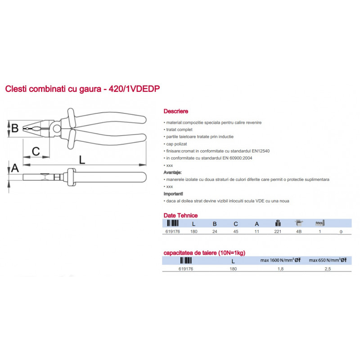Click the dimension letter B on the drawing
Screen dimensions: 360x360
pos(15,128)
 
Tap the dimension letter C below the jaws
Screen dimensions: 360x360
pos(36,151)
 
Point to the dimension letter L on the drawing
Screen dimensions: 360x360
pos(82,160)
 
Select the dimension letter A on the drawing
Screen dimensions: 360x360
pos(15,168)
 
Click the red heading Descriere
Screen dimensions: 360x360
pos(176,111)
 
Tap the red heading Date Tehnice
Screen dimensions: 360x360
pos(180,216)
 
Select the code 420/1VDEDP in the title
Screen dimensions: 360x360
pos(134,89)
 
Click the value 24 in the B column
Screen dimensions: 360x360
pos(215,231)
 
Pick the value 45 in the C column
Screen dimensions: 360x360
pos(236,231)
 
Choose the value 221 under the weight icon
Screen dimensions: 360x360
pos(278,231)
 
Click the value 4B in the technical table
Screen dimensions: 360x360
pos(299,231)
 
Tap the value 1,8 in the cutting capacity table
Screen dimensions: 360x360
pos(280,269)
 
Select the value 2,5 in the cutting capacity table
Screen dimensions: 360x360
pos(328,269)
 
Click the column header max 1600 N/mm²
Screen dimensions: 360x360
pos(280,260)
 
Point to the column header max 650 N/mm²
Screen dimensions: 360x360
pos(328,260)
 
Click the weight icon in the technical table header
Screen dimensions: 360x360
pos(278,223)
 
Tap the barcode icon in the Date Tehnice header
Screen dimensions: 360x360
pos(173,223)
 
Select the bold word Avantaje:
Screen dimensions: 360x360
pos(172,172)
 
